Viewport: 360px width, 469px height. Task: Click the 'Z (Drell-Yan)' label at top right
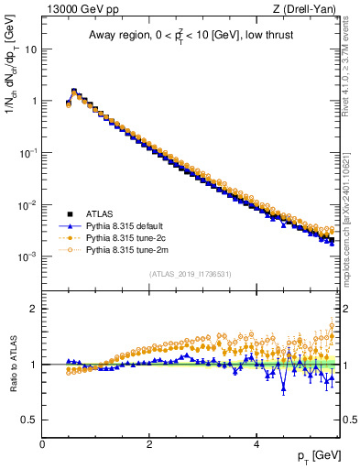tap(309, 10)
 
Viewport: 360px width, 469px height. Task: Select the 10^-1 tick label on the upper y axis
tap(27, 154)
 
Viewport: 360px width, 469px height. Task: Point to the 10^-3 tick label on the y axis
tap(27, 257)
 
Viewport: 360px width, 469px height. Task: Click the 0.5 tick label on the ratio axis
tap(30, 420)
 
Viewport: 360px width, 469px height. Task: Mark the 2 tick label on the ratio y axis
tap(35, 309)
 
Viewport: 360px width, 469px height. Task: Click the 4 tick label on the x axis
tap(256, 444)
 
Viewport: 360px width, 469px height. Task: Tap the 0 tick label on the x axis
tap(42, 444)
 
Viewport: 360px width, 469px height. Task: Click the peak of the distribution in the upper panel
tap(74, 91)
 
